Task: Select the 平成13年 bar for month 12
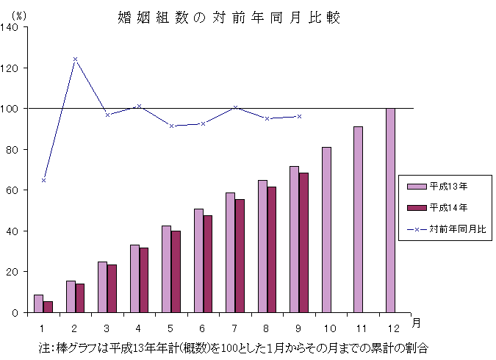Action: tap(390, 210)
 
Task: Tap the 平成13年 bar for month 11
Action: tap(358, 220)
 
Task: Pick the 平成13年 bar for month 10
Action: tap(326, 230)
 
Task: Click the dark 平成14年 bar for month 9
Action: tap(303, 242)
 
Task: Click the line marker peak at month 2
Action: tap(75, 59)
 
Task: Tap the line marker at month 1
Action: tap(43, 180)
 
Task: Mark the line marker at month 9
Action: tap(299, 116)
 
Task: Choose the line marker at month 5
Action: tap(171, 126)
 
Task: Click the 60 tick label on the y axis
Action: tap(15, 190)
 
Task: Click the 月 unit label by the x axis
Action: tap(417, 323)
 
